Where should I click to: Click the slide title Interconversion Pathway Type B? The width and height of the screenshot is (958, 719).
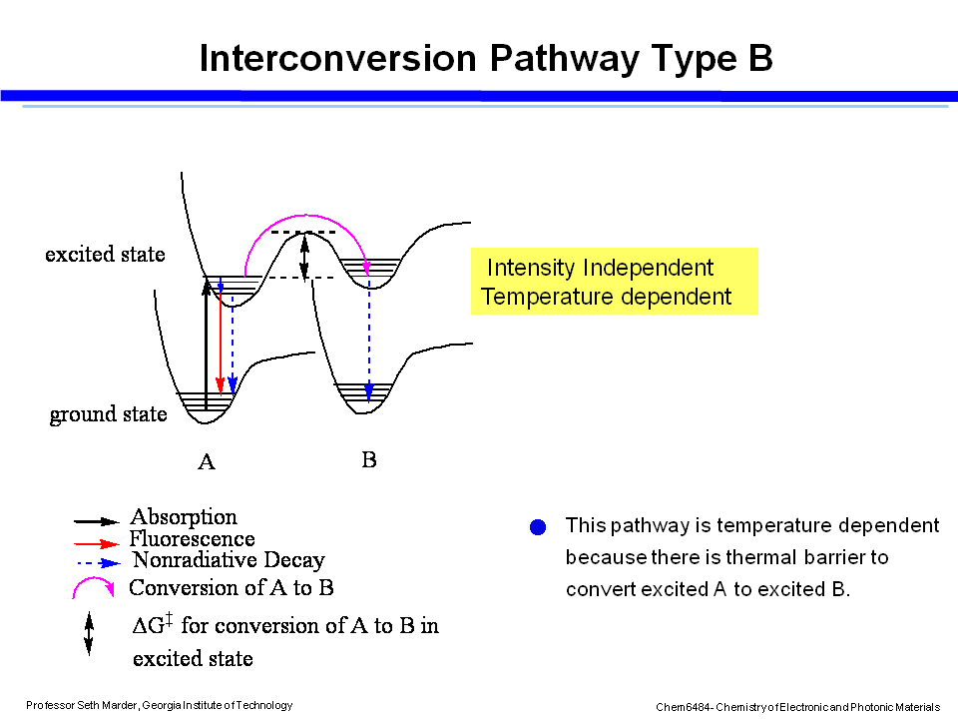(486, 58)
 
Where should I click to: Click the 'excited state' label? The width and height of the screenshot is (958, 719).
(105, 255)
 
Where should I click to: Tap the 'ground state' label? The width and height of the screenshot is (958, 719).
(108, 414)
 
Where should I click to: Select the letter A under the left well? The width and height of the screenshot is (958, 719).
(207, 462)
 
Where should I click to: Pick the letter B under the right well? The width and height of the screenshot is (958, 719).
(369, 460)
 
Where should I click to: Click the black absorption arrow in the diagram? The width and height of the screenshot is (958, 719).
(207, 345)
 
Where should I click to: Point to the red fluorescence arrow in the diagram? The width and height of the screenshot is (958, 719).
(220, 340)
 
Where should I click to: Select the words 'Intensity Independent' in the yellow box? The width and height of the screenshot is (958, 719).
(599, 268)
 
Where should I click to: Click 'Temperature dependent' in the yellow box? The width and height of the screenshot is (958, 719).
(606, 297)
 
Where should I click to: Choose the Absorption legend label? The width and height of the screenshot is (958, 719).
(184, 517)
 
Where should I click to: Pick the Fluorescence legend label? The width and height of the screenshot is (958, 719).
(192, 539)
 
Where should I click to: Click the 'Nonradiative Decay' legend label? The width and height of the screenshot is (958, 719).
(229, 560)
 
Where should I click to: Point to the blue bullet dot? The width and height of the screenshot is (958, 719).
(539, 526)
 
